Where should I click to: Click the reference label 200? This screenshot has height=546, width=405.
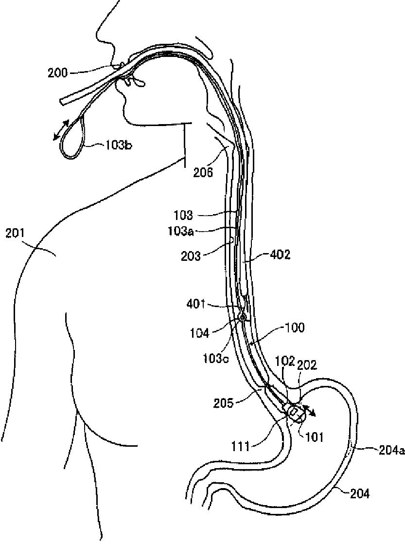pyautogui.click(x=57, y=73)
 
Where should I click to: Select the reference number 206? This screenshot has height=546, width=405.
pyautogui.click(x=203, y=172)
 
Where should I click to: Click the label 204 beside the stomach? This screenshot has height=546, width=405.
pyautogui.click(x=360, y=494)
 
